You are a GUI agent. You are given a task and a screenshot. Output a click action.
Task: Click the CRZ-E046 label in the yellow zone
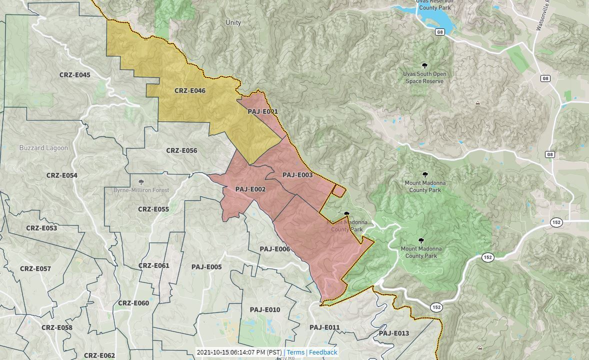(189, 91)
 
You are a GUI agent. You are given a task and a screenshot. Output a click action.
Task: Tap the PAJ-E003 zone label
(297, 175)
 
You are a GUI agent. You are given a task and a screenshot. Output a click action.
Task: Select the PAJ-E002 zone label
(250, 189)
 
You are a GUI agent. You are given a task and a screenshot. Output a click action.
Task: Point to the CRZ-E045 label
(75, 75)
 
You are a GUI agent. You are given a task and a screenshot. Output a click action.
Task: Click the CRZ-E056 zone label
(181, 150)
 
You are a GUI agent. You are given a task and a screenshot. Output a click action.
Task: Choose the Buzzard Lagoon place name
(43, 148)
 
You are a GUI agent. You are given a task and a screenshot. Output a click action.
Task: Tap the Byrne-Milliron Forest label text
(141, 190)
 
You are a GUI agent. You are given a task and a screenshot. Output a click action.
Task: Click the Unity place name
(233, 22)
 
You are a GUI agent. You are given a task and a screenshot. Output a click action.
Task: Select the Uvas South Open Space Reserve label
(424, 77)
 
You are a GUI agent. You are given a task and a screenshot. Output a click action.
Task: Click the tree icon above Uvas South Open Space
(424, 65)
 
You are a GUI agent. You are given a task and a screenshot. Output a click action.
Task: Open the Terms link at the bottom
(295, 352)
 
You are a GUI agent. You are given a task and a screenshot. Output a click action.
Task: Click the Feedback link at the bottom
(323, 352)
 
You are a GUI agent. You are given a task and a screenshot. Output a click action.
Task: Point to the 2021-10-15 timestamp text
(239, 352)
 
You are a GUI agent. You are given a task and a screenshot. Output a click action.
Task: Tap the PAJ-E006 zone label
(275, 249)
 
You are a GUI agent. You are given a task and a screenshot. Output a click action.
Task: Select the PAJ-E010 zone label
(265, 310)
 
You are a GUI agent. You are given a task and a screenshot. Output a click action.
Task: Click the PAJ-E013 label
(394, 333)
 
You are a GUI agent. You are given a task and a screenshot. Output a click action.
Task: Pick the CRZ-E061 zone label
(153, 266)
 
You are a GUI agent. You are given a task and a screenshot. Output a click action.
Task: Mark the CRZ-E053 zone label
(41, 228)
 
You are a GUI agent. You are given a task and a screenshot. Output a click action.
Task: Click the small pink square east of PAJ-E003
(338, 190)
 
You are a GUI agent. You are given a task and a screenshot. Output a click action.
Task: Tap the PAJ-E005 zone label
(206, 267)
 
